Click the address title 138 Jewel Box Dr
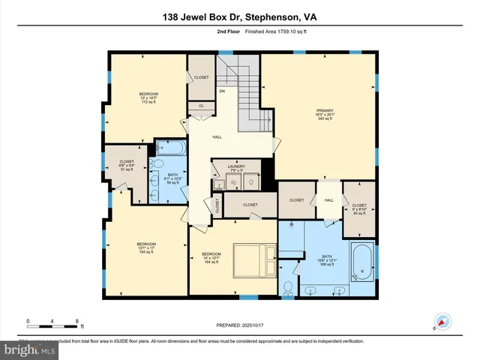click(x=239, y=16)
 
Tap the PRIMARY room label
click(x=323, y=114)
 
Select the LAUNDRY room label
click(x=236, y=169)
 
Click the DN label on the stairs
click(x=222, y=91)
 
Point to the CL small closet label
click(x=201, y=106)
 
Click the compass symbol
click(x=440, y=323)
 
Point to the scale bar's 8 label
click(x=77, y=322)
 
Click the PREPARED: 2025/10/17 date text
click(x=239, y=325)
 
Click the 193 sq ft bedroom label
click(x=146, y=248)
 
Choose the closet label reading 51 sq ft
click(x=126, y=165)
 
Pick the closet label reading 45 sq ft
click(x=358, y=209)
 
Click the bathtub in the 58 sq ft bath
click(x=172, y=147)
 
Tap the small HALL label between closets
click(x=328, y=200)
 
